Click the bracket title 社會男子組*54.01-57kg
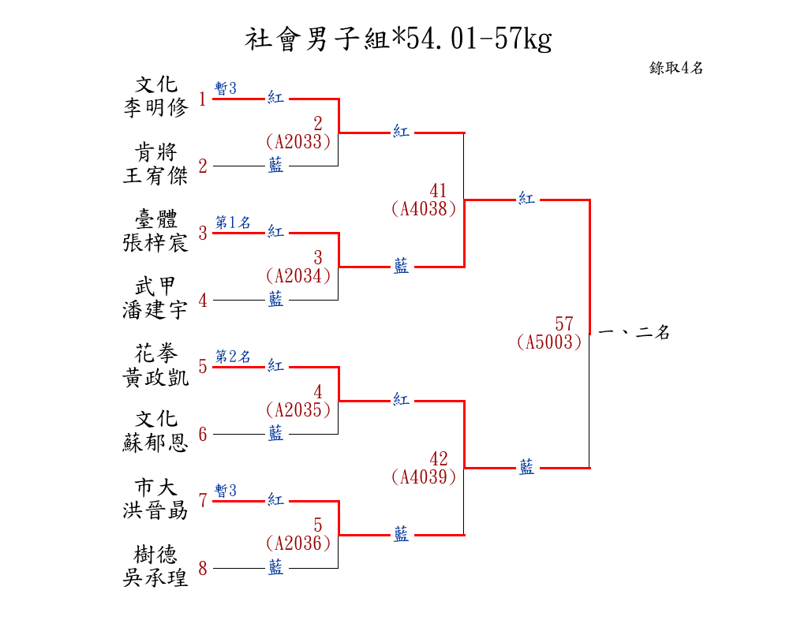click(398, 38)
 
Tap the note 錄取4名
click(676, 68)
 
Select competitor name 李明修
click(155, 108)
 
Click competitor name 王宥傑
click(155, 175)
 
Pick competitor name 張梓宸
click(155, 242)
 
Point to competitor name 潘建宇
click(155, 309)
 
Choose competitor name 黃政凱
click(155, 376)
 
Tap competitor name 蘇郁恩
click(155, 443)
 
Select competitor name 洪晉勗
click(155, 510)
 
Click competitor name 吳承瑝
click(155, 577)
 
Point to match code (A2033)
click(298, 141)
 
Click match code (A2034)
click(298, 275)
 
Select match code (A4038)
click(424, 209)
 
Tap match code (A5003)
click(549, 342)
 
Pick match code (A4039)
click(424, 476)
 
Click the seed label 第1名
click(233, 222)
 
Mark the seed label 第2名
click(233, 357)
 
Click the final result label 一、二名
click(634, 333)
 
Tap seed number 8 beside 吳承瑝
click(203, 568)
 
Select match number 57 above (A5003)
click(564, 324)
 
